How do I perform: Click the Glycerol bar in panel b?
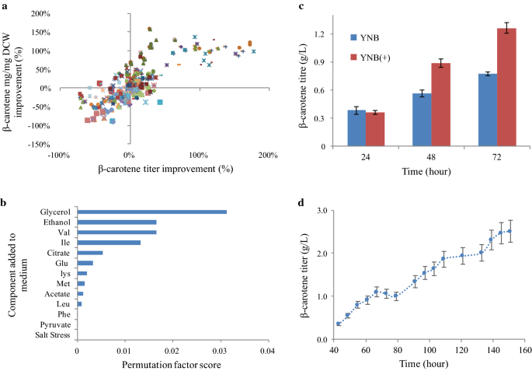[152, 212]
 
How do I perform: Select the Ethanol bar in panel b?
[116, 222]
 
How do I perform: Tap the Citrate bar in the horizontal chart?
[90, 253]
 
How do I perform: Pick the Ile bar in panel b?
[109, 243]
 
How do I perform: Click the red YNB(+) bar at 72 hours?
[506, 87]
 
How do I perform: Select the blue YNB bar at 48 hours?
[422, 120]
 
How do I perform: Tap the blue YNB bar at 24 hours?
[356, 128]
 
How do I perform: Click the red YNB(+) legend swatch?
[353, 58]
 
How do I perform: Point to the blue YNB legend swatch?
[353, 37]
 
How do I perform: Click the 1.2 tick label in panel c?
[319, 34]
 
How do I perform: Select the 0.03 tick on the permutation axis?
[221, 351]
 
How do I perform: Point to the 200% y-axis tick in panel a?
[40, 14]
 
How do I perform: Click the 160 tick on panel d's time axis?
[525, 350]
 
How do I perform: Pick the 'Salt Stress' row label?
[53, 335]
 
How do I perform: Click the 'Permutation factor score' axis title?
[172, 365]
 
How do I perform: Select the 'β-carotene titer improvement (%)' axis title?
[165, 169]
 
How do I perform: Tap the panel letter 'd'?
[301, 203]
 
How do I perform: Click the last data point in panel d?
[509, 231]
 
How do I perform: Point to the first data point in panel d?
[338, 324]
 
